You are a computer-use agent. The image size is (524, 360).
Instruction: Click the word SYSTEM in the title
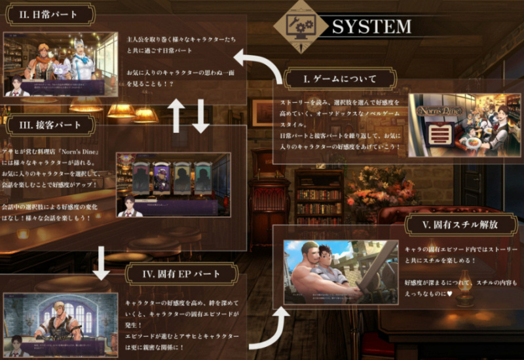coord(371,26)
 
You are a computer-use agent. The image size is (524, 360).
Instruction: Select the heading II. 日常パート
coord(47,13)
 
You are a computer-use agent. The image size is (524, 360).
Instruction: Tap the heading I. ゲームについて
coord(340,79)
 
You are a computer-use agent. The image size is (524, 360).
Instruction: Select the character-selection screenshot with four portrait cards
coord(173,185)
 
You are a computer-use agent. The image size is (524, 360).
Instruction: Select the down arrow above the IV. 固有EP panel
coord(102,262)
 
